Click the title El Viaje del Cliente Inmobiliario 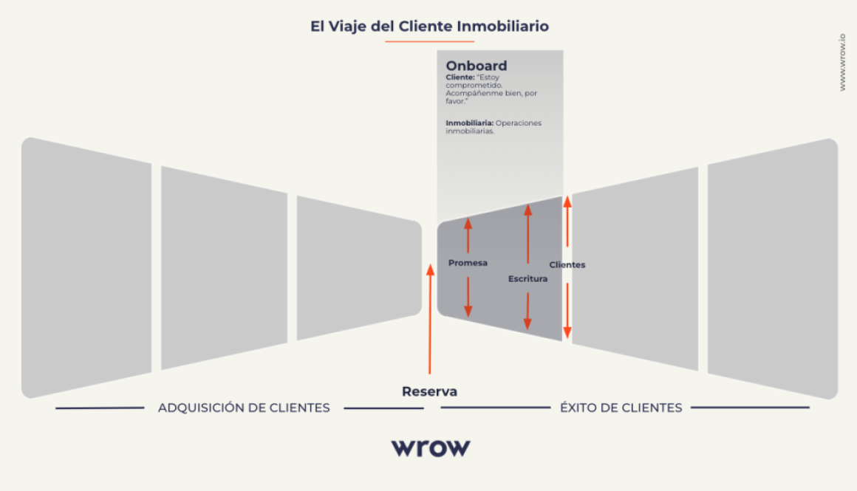(429, 27)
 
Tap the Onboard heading (476, 66)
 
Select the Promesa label (468, 263)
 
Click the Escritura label (527, 278)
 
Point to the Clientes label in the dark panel (567, 264)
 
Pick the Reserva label (429, 391)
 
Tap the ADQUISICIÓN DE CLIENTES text (244, 408)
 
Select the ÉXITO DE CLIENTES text (621, 408)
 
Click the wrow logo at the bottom (430, 447)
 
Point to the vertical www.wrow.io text (842, 63)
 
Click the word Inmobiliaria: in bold (469, 123)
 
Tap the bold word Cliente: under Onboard (460, 77)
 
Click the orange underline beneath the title (429, 41)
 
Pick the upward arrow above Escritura (527, 233)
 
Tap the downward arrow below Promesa (468, 297)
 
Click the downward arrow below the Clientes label (567, 310)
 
